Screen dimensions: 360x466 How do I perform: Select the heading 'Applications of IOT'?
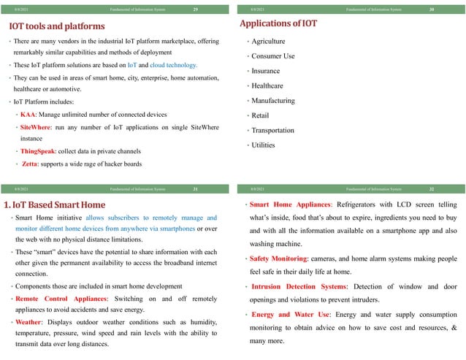pos(278,24)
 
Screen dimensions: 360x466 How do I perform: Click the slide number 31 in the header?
pos(195,189)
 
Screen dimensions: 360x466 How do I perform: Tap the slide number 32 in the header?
pos(432,189)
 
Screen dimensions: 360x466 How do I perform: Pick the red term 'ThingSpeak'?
pos(40,151)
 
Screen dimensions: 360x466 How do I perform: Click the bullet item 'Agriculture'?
pos(268,41)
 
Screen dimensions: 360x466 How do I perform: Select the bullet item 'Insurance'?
pos(265,71)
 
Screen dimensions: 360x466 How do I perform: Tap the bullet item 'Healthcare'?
pos(267,85)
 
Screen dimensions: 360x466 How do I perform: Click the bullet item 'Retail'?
pos(260,115)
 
